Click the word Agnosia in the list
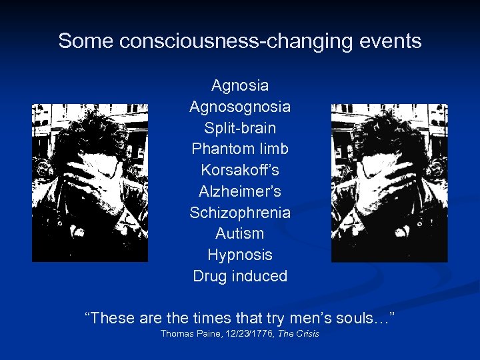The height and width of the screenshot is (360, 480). point(240,85)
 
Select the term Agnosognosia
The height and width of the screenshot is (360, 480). point(240,107)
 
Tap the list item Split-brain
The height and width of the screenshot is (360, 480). point(240,128)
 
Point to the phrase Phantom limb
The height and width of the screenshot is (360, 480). point(240,149)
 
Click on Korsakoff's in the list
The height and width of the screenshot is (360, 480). point(240,170)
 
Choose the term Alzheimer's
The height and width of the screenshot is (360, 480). point(240,191)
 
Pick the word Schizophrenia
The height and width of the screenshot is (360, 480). point(240,213)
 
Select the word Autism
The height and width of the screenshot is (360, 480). point(240,234)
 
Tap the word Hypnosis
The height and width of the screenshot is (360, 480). point(240,255)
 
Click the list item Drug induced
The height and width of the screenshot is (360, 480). point(240,276)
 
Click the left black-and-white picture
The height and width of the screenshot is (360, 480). point(90,182)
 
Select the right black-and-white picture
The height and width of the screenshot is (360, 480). point(389,182)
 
